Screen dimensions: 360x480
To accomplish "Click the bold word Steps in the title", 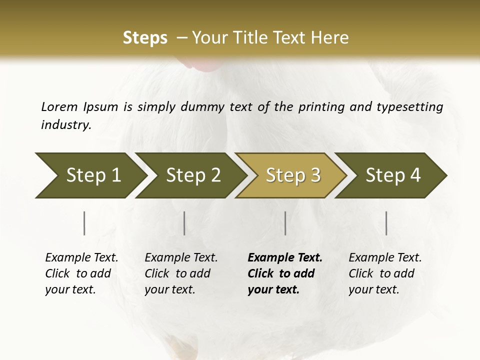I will (145, 38).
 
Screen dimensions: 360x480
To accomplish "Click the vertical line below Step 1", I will (84, 223).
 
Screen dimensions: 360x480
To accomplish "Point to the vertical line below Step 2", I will (184, 223).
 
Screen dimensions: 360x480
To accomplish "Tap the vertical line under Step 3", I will (285, 223).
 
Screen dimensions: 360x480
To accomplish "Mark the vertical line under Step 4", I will (386, 223).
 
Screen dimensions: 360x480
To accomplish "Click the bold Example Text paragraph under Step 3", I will (285, 273).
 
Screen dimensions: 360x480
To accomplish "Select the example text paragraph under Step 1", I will (81, 273).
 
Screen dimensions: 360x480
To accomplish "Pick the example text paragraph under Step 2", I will (181, 273).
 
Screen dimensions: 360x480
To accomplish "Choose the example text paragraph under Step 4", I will (385, 273).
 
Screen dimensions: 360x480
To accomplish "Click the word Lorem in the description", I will (59, 106).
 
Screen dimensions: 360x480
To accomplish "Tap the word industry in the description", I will (65, 124).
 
